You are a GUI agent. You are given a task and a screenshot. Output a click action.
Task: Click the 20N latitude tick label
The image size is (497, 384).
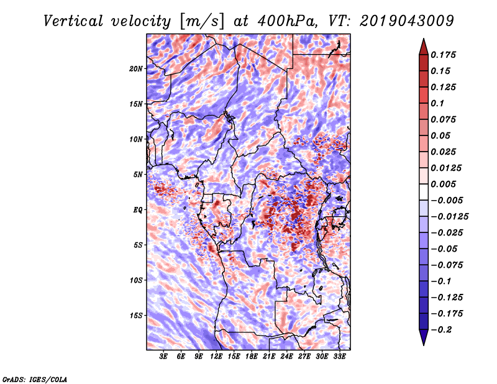point(136,68)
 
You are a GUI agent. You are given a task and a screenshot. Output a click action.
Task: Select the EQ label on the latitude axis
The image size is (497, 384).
point(138,209)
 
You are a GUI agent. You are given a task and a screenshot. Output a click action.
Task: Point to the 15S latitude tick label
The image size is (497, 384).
point(136,315)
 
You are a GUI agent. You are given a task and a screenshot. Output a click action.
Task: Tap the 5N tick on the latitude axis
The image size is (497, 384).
point(138,174)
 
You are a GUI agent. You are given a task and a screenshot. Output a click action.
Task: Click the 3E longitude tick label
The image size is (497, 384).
point(164,357)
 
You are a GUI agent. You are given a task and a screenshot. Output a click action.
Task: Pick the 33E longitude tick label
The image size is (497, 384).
point(339,357)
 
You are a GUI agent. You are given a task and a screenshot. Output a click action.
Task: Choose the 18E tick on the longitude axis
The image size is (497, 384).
point(252,357)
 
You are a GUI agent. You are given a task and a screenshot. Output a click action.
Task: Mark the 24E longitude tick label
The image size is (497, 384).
point(286,357)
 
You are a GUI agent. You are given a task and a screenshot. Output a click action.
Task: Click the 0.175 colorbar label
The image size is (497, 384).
point(444,55)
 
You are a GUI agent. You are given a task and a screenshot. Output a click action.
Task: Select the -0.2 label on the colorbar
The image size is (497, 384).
point(443,329)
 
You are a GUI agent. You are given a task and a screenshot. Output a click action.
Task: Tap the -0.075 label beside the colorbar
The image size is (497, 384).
point(448,265)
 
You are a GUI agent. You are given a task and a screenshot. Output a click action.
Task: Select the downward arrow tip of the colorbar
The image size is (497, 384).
point(422,343)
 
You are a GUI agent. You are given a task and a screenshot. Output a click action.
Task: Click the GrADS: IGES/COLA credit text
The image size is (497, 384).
point(35,379)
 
